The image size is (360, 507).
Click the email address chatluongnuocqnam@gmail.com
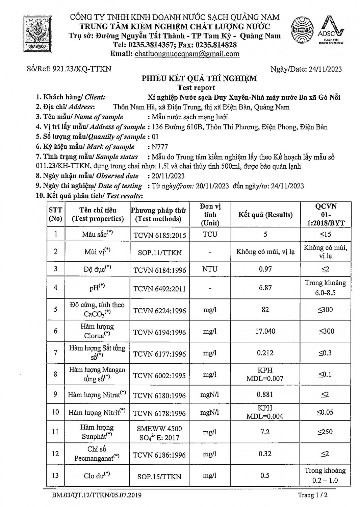(187, 54)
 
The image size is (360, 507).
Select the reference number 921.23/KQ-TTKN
(82, 69)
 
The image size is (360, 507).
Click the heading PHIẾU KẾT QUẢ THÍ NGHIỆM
(199, 78)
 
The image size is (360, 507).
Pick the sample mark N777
(160, 147)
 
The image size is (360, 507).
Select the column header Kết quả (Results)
(265, 215)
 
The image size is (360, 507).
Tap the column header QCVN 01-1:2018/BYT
(325, 215)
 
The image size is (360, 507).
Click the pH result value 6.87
(265, 288)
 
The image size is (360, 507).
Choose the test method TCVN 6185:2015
(159, 235)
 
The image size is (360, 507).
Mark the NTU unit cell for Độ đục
(210, 269)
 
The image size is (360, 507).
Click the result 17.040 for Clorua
(265, 331)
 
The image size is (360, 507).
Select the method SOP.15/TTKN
(159, 477)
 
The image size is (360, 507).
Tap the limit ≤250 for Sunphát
(325, 432)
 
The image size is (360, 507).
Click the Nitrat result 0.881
(265, 394)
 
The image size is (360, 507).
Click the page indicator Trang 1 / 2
(313, 495)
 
